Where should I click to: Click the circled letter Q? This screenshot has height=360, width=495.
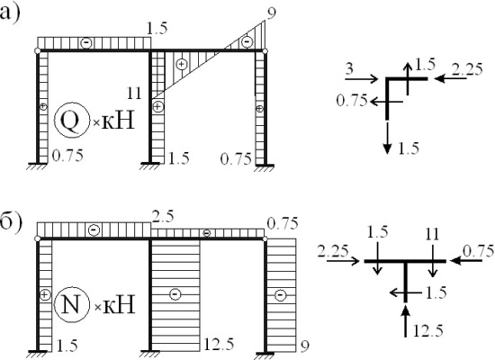pos(70,120)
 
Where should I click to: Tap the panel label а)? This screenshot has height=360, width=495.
pos(10,14)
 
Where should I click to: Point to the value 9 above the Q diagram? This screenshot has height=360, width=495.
pos(271,13)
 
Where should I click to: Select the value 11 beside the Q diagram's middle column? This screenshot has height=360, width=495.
pos(134,94)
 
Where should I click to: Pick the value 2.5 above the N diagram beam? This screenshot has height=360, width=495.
pos(163,217)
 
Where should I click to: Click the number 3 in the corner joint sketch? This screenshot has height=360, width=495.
pos(349,68)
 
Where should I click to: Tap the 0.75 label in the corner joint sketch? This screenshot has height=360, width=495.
pos(352,101)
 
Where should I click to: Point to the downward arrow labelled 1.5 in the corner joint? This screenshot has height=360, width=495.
pos(387,138)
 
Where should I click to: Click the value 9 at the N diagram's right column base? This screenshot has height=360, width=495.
pos(304,346)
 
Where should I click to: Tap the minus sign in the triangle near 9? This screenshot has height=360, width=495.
pos(247,41)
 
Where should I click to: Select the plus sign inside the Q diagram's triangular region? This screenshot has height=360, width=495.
pos(182,65)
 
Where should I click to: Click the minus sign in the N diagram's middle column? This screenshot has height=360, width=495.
pos(175,294)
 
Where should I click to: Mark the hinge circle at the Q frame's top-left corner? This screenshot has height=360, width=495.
pos(38,50)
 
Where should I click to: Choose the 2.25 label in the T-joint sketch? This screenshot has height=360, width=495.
pos(333,252)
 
